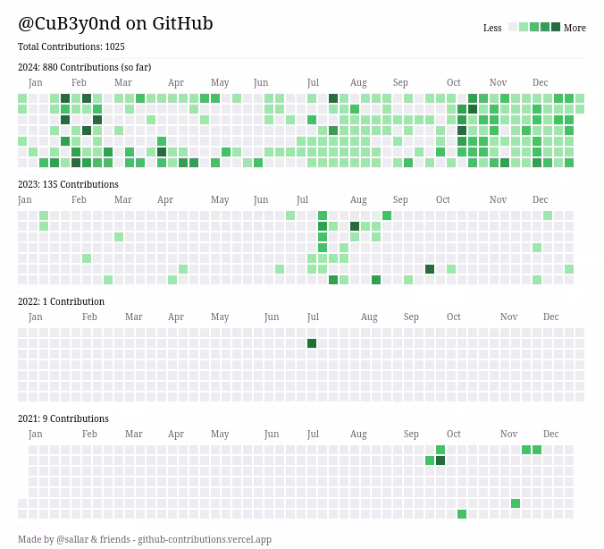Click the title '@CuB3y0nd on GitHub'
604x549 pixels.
point(115,24)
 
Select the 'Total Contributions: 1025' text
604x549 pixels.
point(71,46)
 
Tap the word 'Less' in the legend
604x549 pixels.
point(492,28)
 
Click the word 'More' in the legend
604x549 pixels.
point(575,28)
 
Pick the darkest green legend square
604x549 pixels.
point(556,27)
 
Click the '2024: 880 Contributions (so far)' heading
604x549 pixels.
point(84,67)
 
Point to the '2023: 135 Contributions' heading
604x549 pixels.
point(68,184)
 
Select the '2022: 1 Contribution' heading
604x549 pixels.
point(61,301)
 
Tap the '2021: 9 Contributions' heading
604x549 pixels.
point(63,418)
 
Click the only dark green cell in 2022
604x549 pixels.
point(312,343)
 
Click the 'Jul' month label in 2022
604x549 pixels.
point(313,317)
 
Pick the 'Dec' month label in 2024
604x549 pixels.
point(541,82)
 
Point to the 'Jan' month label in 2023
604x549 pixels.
point(25,199)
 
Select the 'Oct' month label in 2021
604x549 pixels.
point(454,434)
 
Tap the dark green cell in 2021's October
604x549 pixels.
point(440,460)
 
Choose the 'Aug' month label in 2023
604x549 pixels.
point(358,199)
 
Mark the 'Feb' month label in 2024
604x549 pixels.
point(79,82)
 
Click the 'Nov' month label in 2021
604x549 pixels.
point(508,434)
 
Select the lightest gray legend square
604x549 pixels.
point(513,27)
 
